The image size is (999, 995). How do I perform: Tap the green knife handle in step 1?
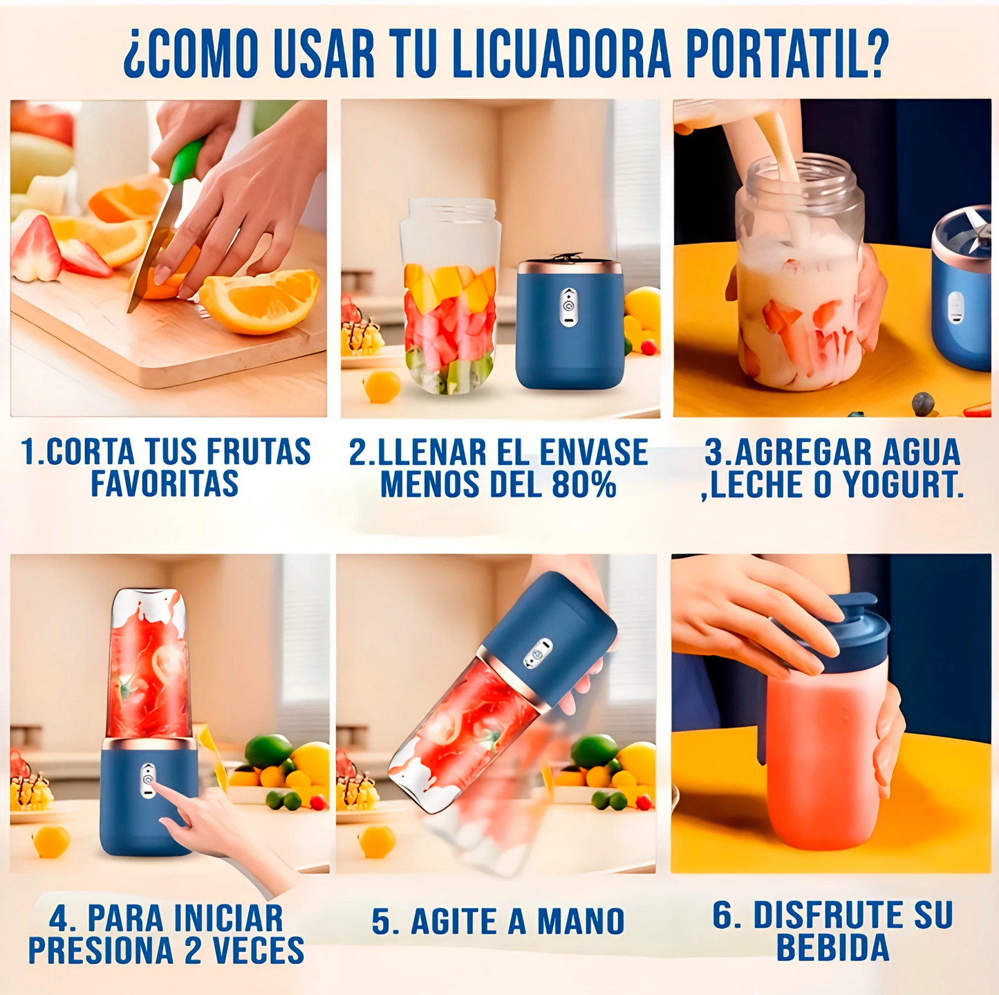[186, 161]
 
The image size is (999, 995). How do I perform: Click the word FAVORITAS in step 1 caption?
[165, 484]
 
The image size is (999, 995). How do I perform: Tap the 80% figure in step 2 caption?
[583, 484]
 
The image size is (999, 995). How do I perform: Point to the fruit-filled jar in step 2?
[450, 298]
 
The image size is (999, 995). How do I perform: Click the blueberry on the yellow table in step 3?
[922, 403]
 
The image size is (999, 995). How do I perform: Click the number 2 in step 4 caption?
[192, 951]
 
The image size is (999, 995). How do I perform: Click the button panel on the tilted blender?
[537, 653]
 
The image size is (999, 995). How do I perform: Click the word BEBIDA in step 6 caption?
[832, 947]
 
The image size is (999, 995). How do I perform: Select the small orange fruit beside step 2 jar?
[382, 386]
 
